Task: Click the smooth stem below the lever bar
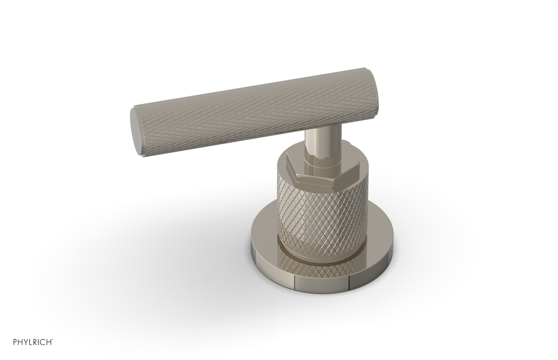[316, 143]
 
